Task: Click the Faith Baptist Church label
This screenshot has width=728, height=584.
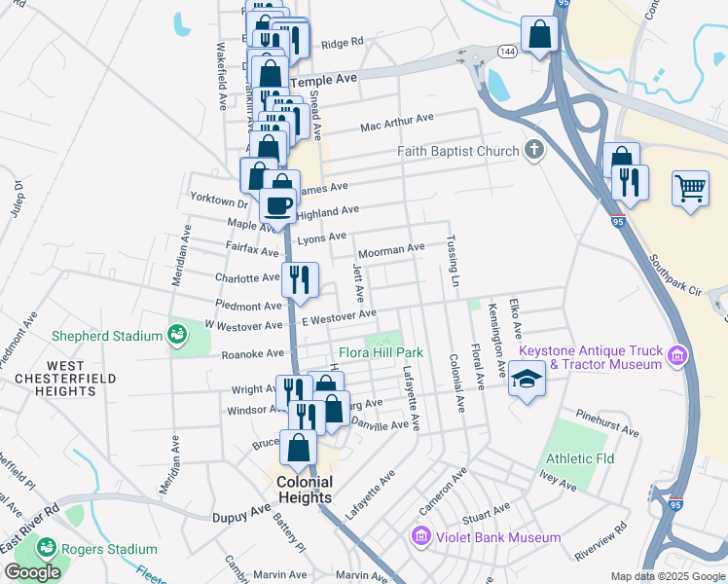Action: [x=459, y=151]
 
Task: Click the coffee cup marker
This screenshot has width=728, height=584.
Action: [x=278, y=205]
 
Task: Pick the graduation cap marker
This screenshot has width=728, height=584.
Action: [x=527, y=378]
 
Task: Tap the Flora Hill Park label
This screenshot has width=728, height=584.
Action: [x=381, y=351]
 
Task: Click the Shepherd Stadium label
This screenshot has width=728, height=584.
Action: [x=108, y=336]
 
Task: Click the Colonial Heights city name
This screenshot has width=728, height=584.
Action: [x=305, y=489]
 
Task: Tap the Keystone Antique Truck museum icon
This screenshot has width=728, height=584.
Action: [x=678, y=357]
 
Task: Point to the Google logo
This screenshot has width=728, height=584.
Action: [x=32, y=572]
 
